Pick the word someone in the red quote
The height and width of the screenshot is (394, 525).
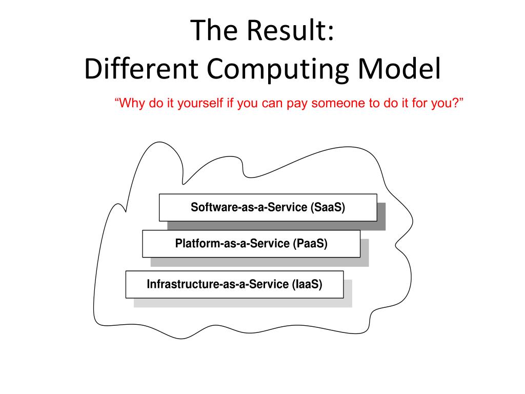click(336, 103)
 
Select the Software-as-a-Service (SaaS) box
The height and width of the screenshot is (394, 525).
click(268, 207)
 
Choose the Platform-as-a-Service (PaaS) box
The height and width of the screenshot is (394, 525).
click(251, 244)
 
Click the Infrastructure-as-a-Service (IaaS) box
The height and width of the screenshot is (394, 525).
click(234, 284)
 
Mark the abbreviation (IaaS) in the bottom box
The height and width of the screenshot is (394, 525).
click(307, 284)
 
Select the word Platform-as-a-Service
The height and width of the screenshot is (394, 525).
click(232, 244)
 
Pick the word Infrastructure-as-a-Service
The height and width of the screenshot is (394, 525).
click(218, 284)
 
